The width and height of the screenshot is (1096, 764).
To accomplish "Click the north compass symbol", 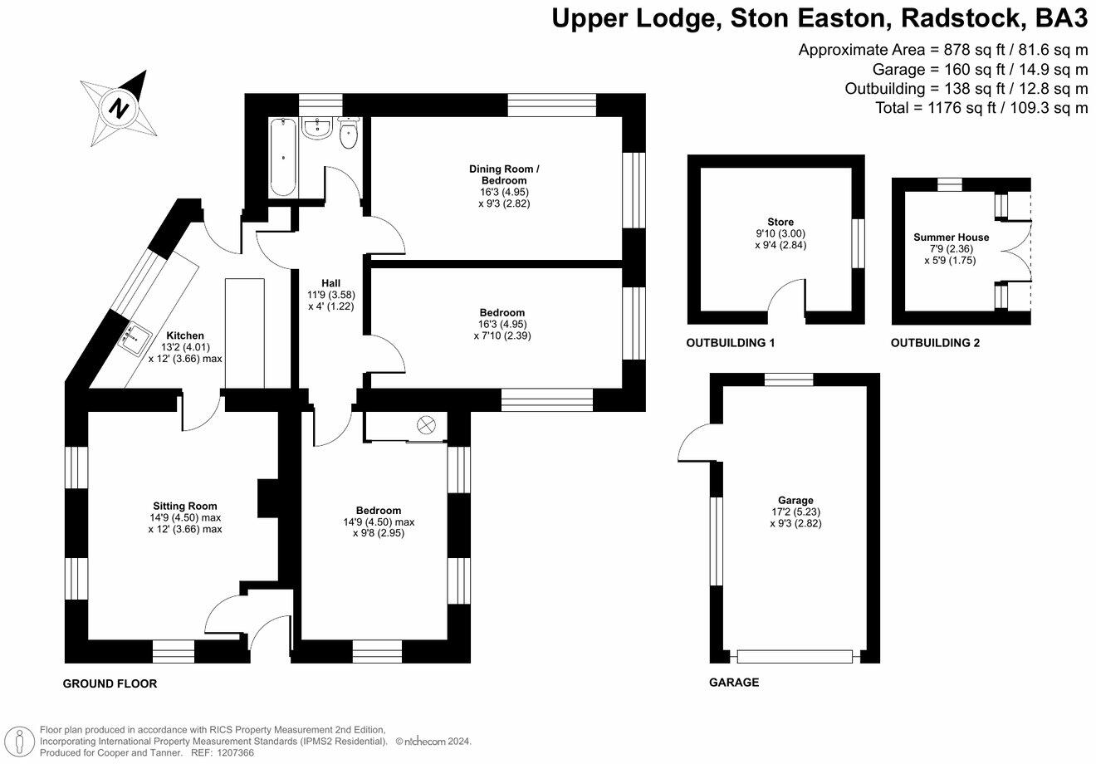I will (121, 108).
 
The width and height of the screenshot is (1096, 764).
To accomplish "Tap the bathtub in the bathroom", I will (283, 156).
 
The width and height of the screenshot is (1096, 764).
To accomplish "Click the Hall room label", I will (330, 283).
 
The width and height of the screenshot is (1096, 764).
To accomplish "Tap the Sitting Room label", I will (184, 506).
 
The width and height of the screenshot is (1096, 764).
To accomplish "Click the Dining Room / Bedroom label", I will (504, 174).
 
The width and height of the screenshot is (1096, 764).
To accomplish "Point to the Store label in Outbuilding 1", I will (780, 222).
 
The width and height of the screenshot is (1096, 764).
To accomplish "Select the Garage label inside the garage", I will (795, 500).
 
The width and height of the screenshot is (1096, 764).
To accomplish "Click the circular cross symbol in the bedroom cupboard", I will (426, 425).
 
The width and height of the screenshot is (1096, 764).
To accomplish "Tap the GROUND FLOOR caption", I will (110, 683).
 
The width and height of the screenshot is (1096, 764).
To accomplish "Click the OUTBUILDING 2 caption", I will (935, 342).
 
